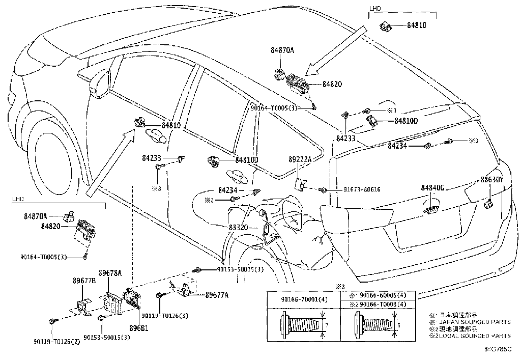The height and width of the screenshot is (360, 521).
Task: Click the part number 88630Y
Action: pos(492,179)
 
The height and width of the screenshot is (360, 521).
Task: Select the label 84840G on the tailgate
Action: pos(433,188)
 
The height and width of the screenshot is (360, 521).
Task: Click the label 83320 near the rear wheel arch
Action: pos(238,228)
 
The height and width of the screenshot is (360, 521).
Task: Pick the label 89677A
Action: pos(217,295)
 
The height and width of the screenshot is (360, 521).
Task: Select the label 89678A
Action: pos(110,273)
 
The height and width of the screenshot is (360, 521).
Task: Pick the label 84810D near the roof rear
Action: pos(406,121)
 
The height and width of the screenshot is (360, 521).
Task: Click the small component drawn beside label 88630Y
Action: pos(489,204)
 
